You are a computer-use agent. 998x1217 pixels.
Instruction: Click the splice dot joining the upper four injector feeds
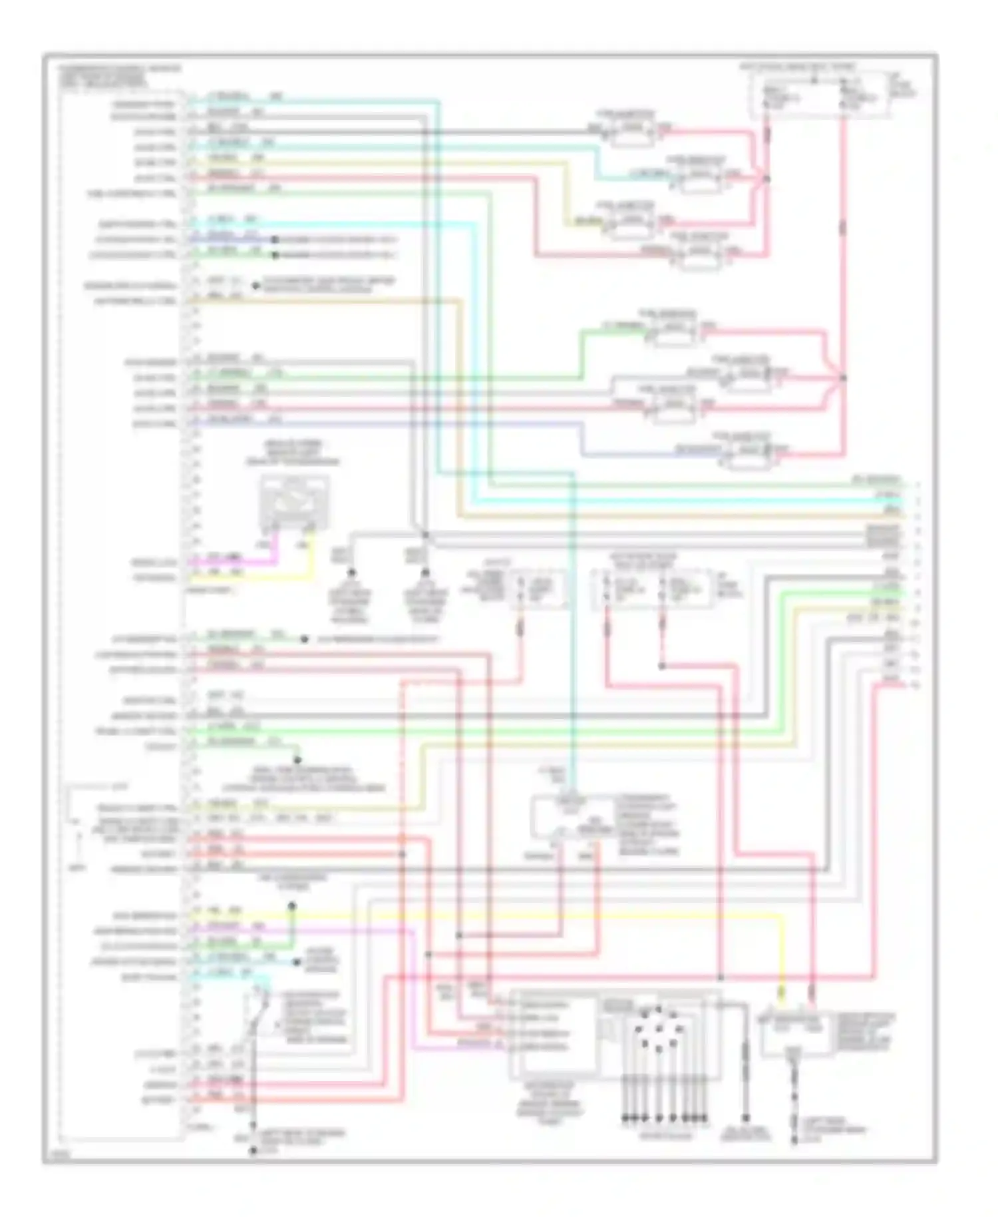click(766, 178)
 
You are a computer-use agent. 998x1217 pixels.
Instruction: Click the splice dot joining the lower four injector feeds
click(843, 377)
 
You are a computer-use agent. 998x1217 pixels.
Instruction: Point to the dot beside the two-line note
click(255, 286)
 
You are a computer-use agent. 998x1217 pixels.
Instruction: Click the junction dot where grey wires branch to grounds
click(425, 535)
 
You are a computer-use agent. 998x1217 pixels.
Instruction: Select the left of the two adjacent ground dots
click(351, 573)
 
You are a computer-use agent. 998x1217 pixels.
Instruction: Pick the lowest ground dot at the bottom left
click(253, 1150)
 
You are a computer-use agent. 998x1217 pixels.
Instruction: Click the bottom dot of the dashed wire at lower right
click(795, 1141)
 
